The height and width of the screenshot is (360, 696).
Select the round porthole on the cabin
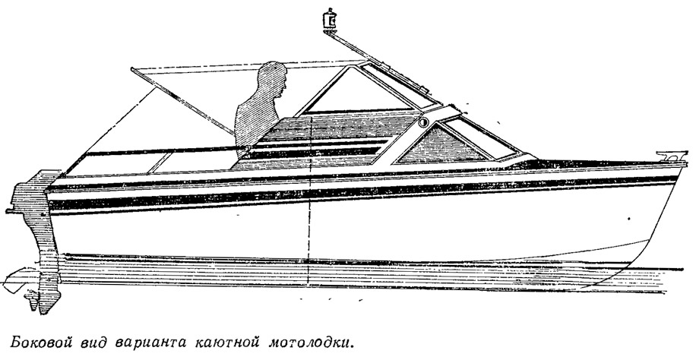pyautogui.click(x=422, y=122)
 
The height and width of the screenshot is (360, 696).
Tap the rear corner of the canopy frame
pyautogui.click(x=133, y=69)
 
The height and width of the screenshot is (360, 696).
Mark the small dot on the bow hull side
pyautogui.click(x=629, y=219)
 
